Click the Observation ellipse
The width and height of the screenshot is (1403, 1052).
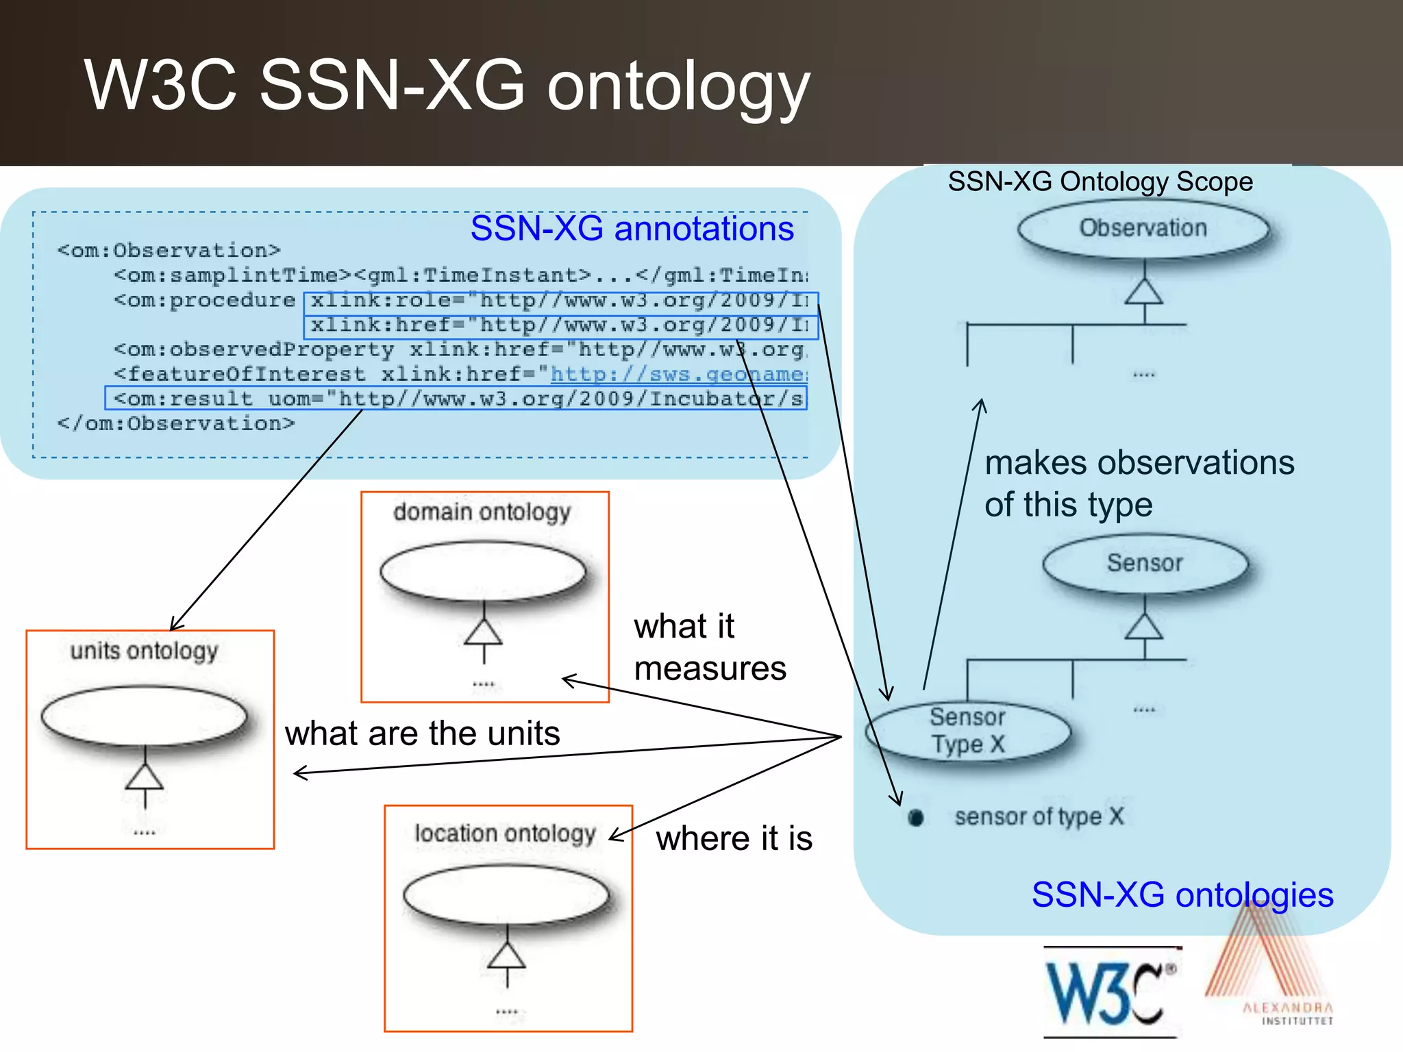click(1143, 228)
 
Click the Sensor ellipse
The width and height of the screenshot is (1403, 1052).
click(1145, 563)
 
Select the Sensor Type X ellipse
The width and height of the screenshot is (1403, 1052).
click(967, 731)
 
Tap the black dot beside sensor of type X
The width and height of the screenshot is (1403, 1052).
click(916, 817)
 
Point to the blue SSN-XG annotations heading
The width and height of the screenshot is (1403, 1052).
click(632, 228)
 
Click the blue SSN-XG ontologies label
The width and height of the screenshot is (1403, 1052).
click(1182, 894)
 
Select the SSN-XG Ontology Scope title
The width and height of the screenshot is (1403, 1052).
click(1100, 181)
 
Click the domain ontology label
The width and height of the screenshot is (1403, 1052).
click(482, 512)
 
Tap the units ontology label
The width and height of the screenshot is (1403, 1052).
click(144, 650)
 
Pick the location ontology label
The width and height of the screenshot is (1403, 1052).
click(505, 834)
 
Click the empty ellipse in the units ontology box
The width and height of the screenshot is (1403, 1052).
click(144, 716)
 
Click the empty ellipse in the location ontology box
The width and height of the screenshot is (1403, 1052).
click(506, 895)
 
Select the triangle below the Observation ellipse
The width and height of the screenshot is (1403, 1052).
click(1143, 292)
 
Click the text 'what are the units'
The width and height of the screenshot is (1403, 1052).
click(423, 734)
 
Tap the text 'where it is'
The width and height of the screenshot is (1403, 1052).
click(734, 838)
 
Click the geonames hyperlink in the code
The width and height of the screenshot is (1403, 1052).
click(678, 374)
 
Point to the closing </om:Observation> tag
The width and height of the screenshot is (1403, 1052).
click(176, 423)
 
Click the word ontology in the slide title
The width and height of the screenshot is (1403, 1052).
click(678, 87)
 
